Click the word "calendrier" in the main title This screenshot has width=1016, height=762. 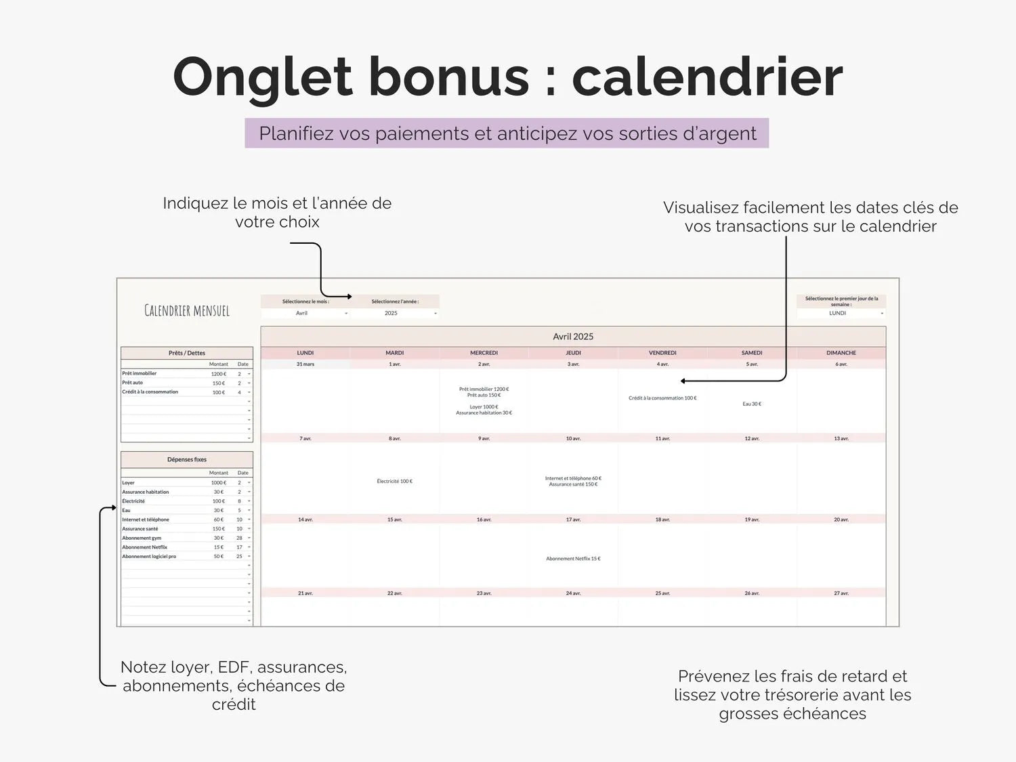point(707,77)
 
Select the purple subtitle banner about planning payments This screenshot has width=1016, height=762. point(507,133)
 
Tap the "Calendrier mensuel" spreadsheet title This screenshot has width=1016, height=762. point(187,311)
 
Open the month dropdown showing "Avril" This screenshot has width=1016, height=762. point(305,313)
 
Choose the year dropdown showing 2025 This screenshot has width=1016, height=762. point(395,313)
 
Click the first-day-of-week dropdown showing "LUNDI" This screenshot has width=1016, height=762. point(841,313)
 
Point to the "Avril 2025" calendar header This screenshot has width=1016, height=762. point(573,337)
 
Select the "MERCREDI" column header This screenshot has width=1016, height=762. point(484,353)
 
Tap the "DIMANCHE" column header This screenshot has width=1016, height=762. point(841,353)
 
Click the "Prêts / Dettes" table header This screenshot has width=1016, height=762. point(187,353)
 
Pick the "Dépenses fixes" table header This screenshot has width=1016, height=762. point(187,459)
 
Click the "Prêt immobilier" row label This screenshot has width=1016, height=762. point(140,373)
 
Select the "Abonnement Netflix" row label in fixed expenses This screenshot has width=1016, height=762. point(145,547)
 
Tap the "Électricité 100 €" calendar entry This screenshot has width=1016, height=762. point(395,482)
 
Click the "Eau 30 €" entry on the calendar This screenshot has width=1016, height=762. point(752,404)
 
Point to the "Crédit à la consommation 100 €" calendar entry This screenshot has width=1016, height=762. point(662,398)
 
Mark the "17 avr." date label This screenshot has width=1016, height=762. point(573,520)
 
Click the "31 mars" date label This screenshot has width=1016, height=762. point(305,364)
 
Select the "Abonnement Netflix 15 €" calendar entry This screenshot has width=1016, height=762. point(573,559)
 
